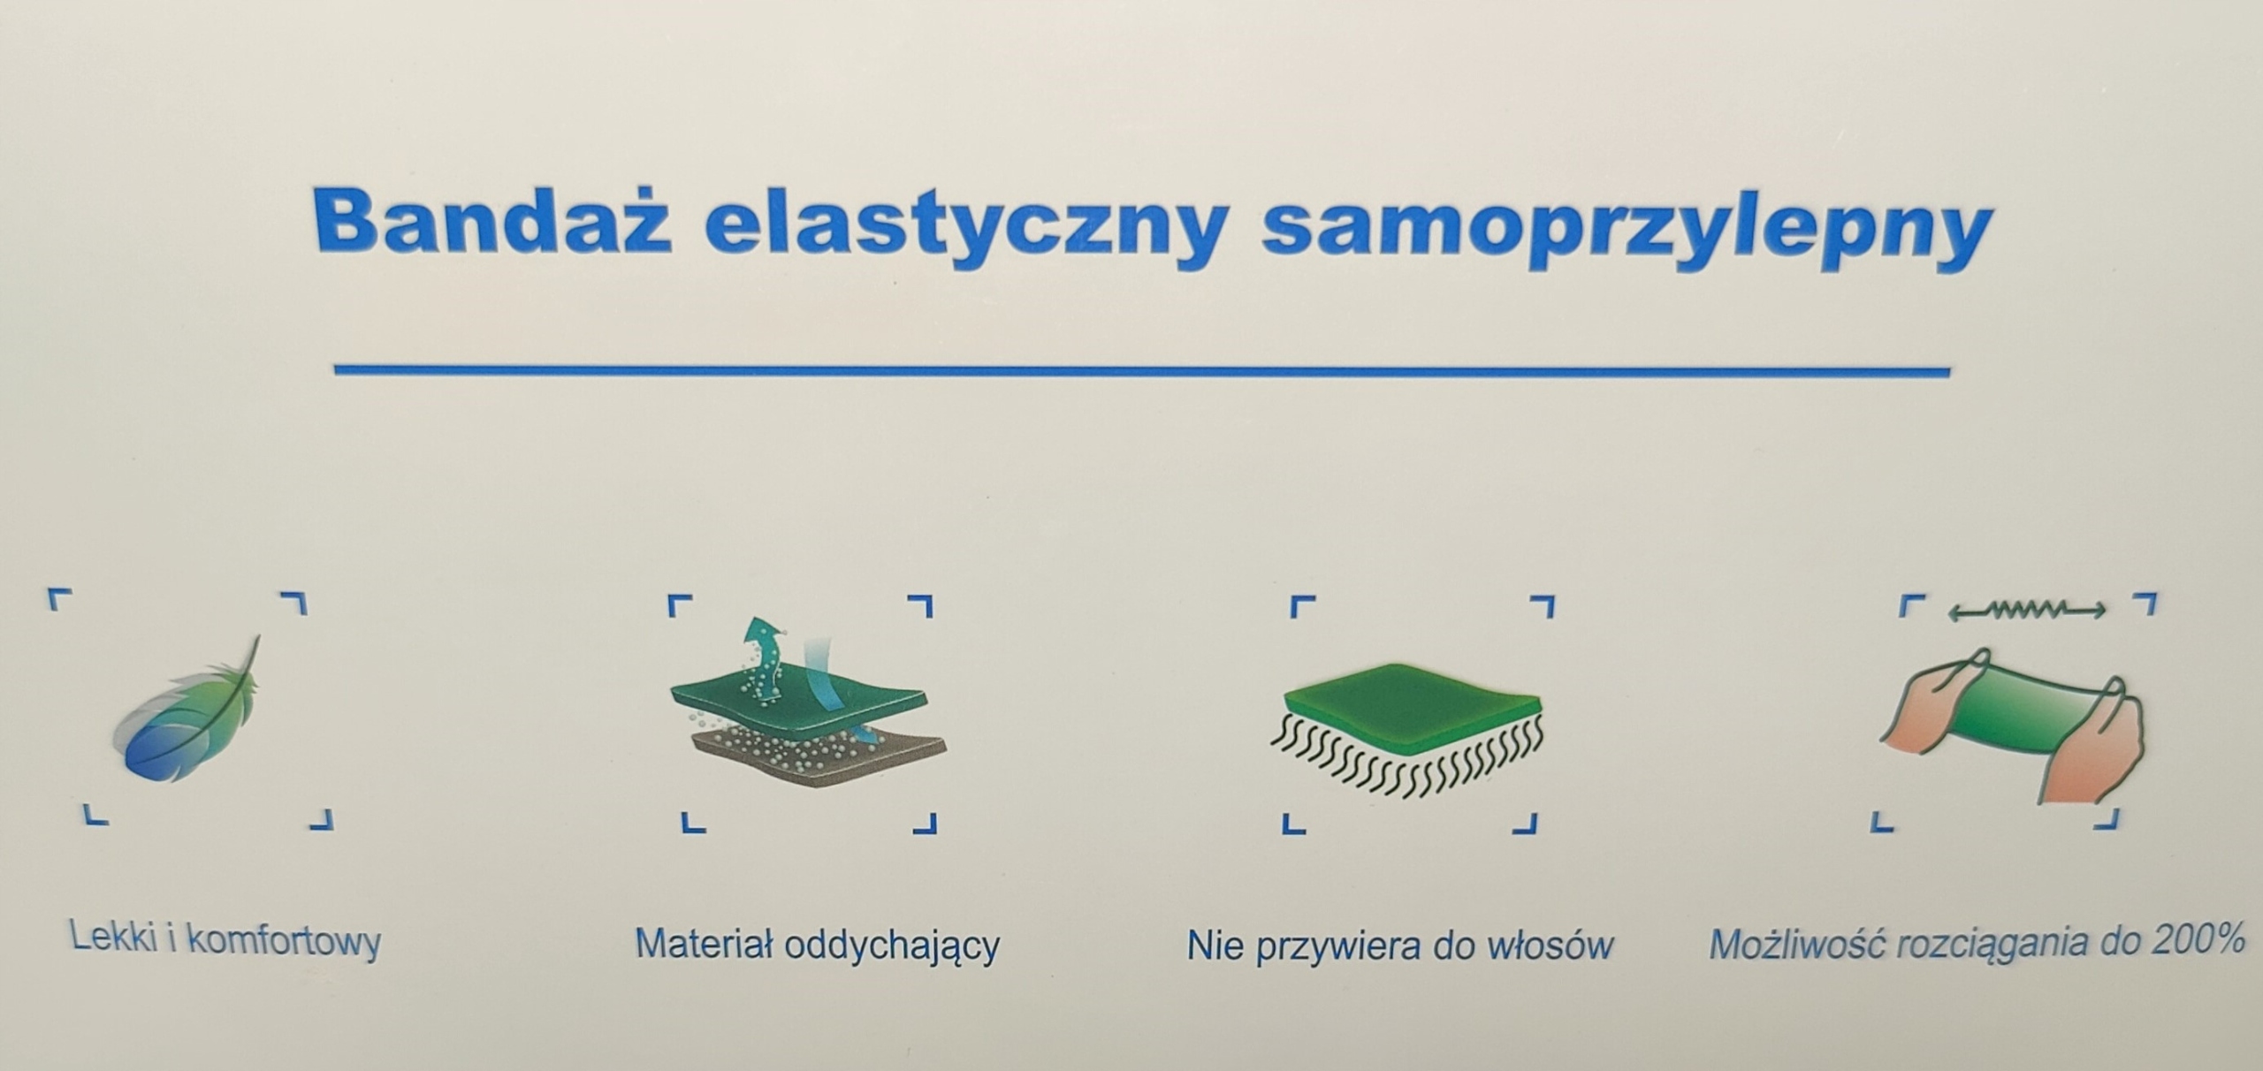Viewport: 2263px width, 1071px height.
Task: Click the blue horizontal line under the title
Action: click(1142, 370)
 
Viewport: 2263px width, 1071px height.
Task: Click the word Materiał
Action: click(705, 943)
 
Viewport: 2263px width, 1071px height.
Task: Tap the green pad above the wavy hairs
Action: click(1412, 694)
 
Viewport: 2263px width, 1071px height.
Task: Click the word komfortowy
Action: click(285, 942)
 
